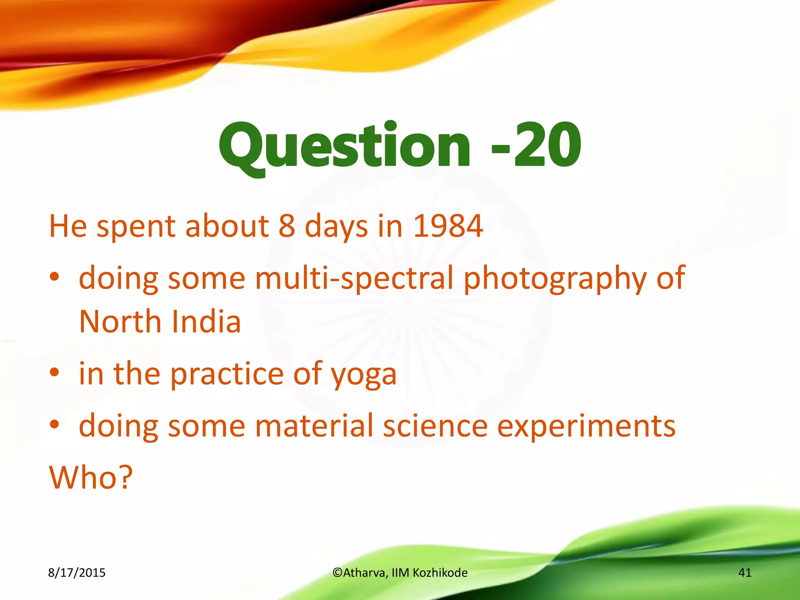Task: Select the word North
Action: pos(120,321)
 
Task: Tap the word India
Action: pos(206,321)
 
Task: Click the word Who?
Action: pos(91,477)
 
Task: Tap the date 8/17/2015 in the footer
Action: pos(77,573)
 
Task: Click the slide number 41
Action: pos(745,573)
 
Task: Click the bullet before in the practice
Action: pos(54,372)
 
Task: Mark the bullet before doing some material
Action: pos(54,424)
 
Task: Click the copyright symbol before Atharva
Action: pos(337,573)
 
